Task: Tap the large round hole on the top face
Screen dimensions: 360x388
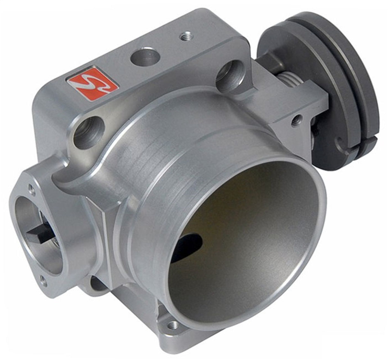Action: click(x=145, y=57)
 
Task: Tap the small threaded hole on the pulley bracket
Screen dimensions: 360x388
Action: click(x=297, y=121)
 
